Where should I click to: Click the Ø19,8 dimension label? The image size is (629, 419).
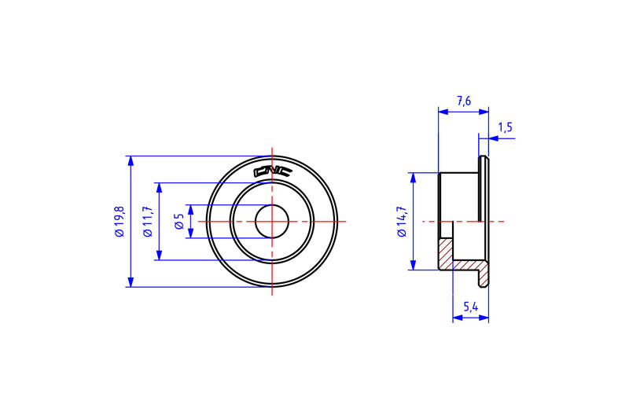click(120, 222)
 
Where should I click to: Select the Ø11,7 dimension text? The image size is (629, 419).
click(147, 222)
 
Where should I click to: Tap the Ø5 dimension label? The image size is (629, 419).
click(179, 222)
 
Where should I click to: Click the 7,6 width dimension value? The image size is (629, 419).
click(464, 101)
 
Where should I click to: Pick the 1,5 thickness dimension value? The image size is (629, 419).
click(505, 127)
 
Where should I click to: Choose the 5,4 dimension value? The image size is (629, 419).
click(471, 307)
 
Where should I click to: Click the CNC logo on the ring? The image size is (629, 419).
click(273, 171)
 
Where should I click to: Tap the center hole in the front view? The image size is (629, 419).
click(272, 222)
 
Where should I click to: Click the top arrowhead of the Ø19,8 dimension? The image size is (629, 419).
click(131, 161)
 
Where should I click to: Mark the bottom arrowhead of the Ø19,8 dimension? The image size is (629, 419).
click(131, 282)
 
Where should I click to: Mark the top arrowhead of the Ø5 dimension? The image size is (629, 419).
click(191, 209)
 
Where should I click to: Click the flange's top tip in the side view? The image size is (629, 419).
click(484, 159)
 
